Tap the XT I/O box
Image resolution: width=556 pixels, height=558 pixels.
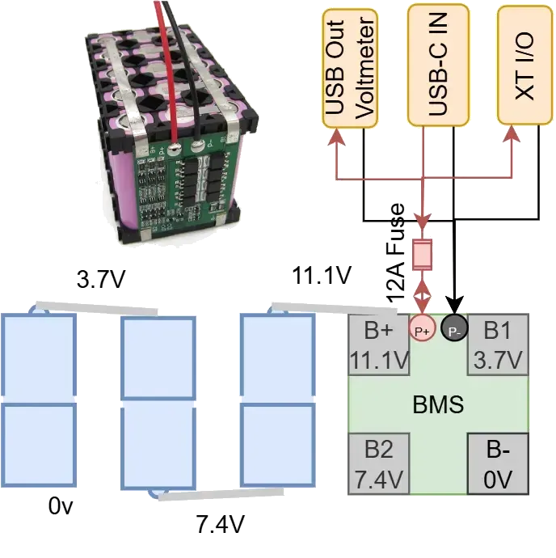[524, 64]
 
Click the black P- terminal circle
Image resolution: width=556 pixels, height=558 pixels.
[455, 328]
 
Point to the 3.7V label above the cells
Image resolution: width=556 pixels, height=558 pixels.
[101, 280]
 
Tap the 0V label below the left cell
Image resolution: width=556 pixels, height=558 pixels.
[61, 508]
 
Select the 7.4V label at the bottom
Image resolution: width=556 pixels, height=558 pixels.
[218, 526]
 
